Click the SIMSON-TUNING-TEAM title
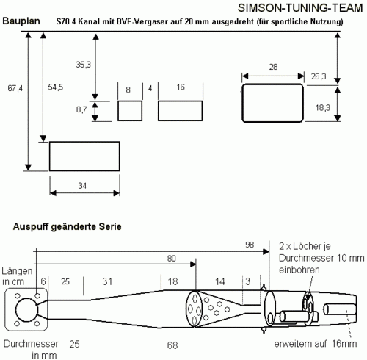(x=300, y=8)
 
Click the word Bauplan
(x=21, y=21)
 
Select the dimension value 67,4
(x=15, y=88)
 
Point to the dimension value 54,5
(x=56, y=87)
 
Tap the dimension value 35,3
(x=83, y=65)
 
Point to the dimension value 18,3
(x=323, y=107)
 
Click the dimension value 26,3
(x=319, y=76)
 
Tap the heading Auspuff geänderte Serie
(x=67, y=226)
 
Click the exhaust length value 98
(x=250, y=245)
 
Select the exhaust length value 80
(x=171, y=259)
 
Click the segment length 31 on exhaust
(x=107, y=281)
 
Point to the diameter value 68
(x=172, y=345)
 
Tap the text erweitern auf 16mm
(x=316, y=344)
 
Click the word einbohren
(x=299, y=270)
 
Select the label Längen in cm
(x=17, y=276)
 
